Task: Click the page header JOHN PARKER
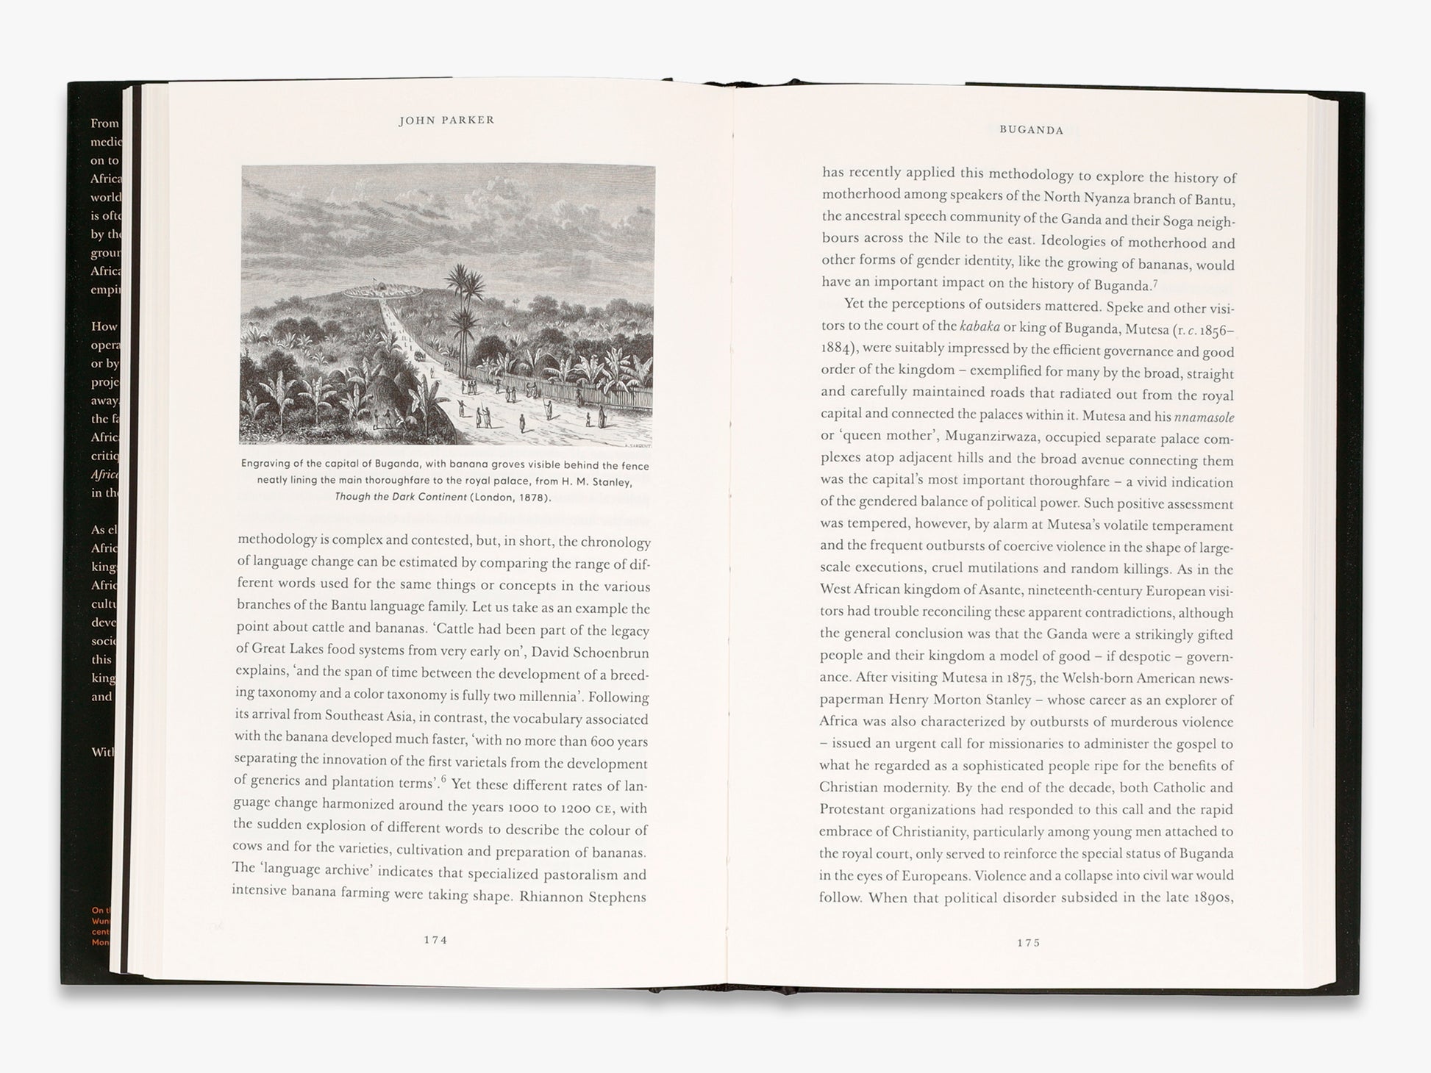click(x=446, y=121)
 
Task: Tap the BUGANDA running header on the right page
click(x=1031, y=130)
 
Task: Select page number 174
click(x=435, y=939)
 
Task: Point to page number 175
click(x=1028, y=943)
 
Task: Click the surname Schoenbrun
click(x=600, y=653)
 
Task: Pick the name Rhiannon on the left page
click(x=551, y=897)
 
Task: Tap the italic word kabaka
click(x=980, y=326)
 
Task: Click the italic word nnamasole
click(x=1204, y=417)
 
